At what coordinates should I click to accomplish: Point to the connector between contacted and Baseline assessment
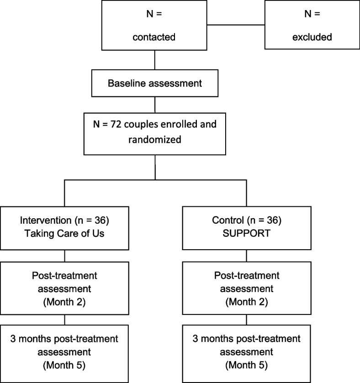point(155,60)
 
